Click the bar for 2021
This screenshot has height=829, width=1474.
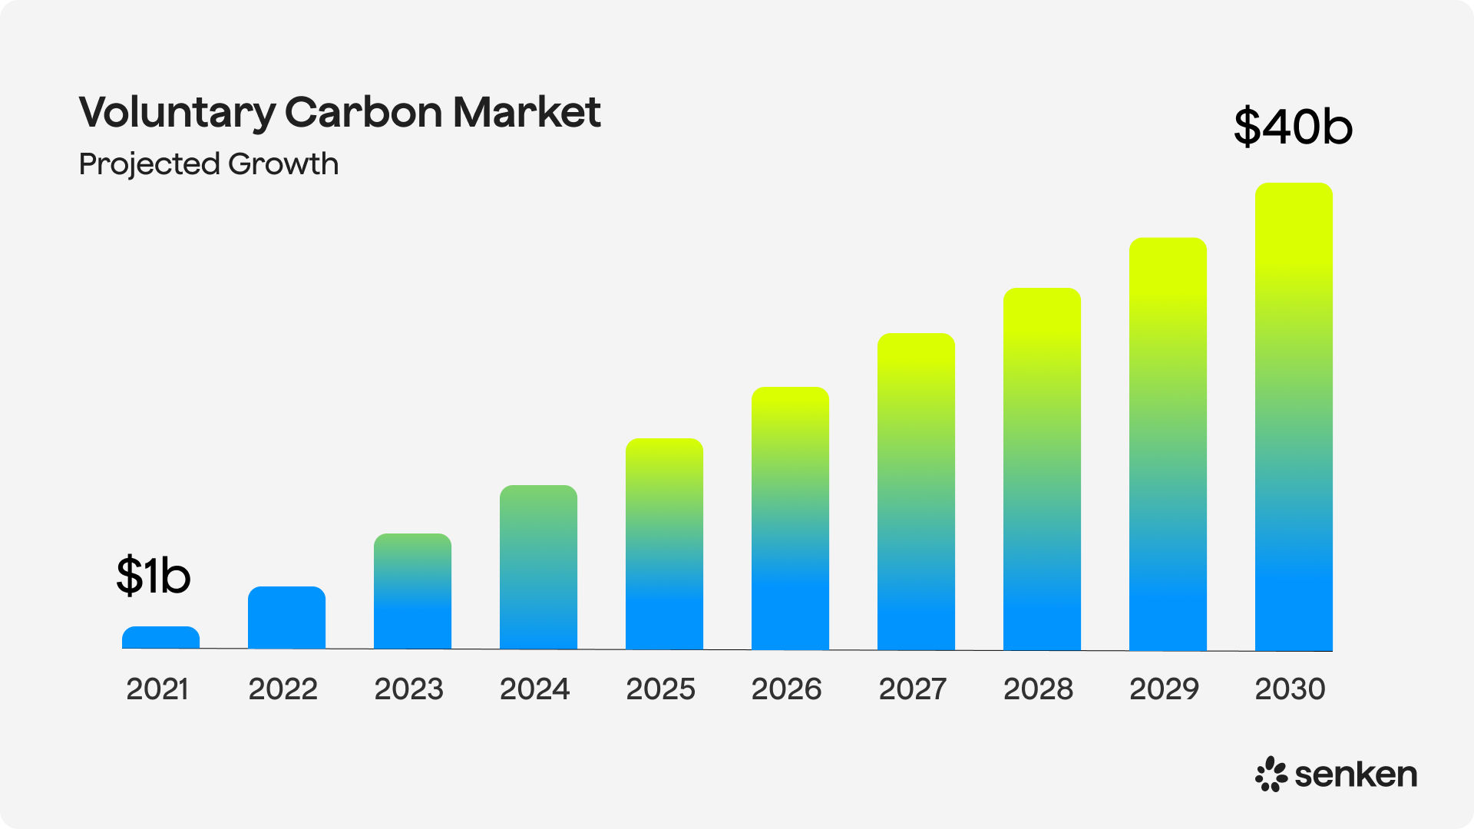coord(160,638)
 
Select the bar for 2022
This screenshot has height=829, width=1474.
coord(286,618)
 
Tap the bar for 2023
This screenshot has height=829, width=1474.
coord(412,592)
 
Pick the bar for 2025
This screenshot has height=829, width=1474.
coord(664,544)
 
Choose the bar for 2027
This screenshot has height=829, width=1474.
coord(916,491)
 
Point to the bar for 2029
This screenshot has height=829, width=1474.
coord(1168,444)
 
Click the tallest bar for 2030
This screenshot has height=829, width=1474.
coord(1294,417)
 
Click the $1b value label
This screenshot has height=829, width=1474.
coord(154,576)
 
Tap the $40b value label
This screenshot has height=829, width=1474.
coord(1293,127)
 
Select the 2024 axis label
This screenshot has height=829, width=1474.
coord(534,689)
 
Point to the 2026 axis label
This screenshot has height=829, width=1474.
coord(786,689)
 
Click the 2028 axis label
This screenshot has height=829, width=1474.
coord(1038,689)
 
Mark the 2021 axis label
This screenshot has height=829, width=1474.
coord(157,689)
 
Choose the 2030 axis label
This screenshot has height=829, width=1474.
coord(1290,689)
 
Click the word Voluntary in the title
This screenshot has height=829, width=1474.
coord(177,113)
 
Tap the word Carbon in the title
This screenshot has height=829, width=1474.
coord(364,112)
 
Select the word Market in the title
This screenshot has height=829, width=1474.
coord(527,112)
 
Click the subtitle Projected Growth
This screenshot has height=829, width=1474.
coord(209,164)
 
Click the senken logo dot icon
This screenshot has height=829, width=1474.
coord(1271,775)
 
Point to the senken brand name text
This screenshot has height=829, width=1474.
coord(1356,775)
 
